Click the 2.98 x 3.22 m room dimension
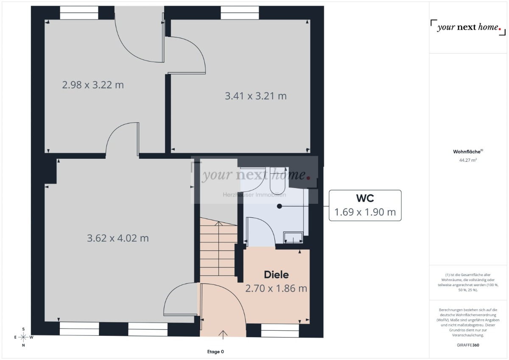93,85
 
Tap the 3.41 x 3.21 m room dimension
255,96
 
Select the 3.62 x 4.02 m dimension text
117,238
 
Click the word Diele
276,275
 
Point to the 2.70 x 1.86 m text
276,289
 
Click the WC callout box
365,205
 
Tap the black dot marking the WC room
279,206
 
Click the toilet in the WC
278,180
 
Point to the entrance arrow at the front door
223,334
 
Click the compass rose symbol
23,337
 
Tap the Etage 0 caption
215,352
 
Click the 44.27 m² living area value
468,160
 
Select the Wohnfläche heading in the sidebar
468,152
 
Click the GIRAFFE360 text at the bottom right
468,345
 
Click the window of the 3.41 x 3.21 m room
240,13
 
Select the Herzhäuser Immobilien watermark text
255,195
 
